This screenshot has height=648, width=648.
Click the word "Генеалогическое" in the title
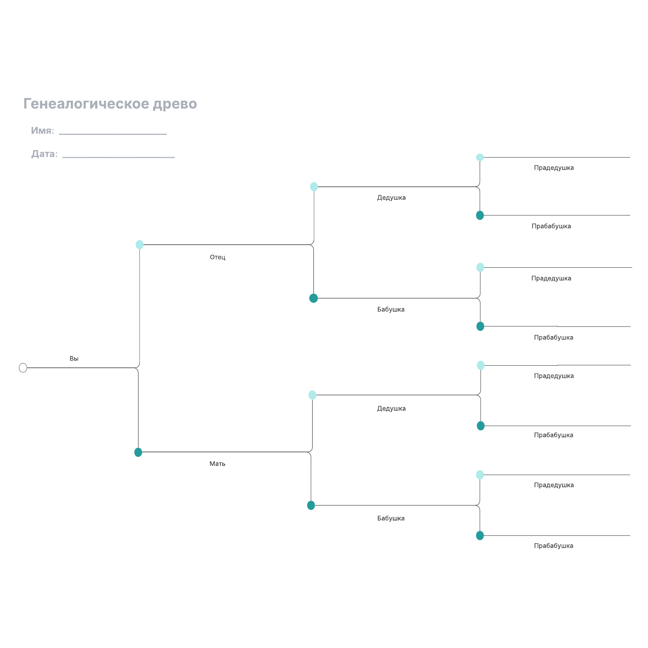click(x=86, y=104)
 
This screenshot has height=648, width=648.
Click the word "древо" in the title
click(x=175, y=104)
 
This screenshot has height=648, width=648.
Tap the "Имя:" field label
click(x=43, y=130)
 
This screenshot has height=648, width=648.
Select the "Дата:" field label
click(x=45, y=154)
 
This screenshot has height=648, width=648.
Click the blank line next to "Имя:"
click(x=113, y=134)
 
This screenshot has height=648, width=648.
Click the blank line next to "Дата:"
click(x=119, y=157)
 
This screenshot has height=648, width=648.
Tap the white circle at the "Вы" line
click(x=23, y=368)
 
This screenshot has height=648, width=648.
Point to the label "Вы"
click(x=74, y=358)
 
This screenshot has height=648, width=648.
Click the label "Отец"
click(x=217, y=257)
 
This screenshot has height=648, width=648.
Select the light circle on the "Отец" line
click(x=139, y=245)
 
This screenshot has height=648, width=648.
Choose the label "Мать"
click(x=217, y=464)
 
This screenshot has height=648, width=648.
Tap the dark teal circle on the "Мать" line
click(x=138, y=452)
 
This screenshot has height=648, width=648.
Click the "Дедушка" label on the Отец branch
click(x=391, y=198)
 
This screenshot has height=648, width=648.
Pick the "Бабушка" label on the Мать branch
click(x=391, y=518)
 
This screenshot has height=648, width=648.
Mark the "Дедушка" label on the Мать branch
click(x=391, y=409)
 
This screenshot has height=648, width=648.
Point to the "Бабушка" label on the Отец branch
click(x=391, y=309)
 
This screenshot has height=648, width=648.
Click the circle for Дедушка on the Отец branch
click(x=314, y=187)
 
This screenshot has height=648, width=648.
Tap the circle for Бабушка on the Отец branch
click(x=313, y=298)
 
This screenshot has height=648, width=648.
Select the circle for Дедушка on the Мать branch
click(x=312, y=395)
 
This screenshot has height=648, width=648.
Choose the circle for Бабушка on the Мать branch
click(x=311, y=505)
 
